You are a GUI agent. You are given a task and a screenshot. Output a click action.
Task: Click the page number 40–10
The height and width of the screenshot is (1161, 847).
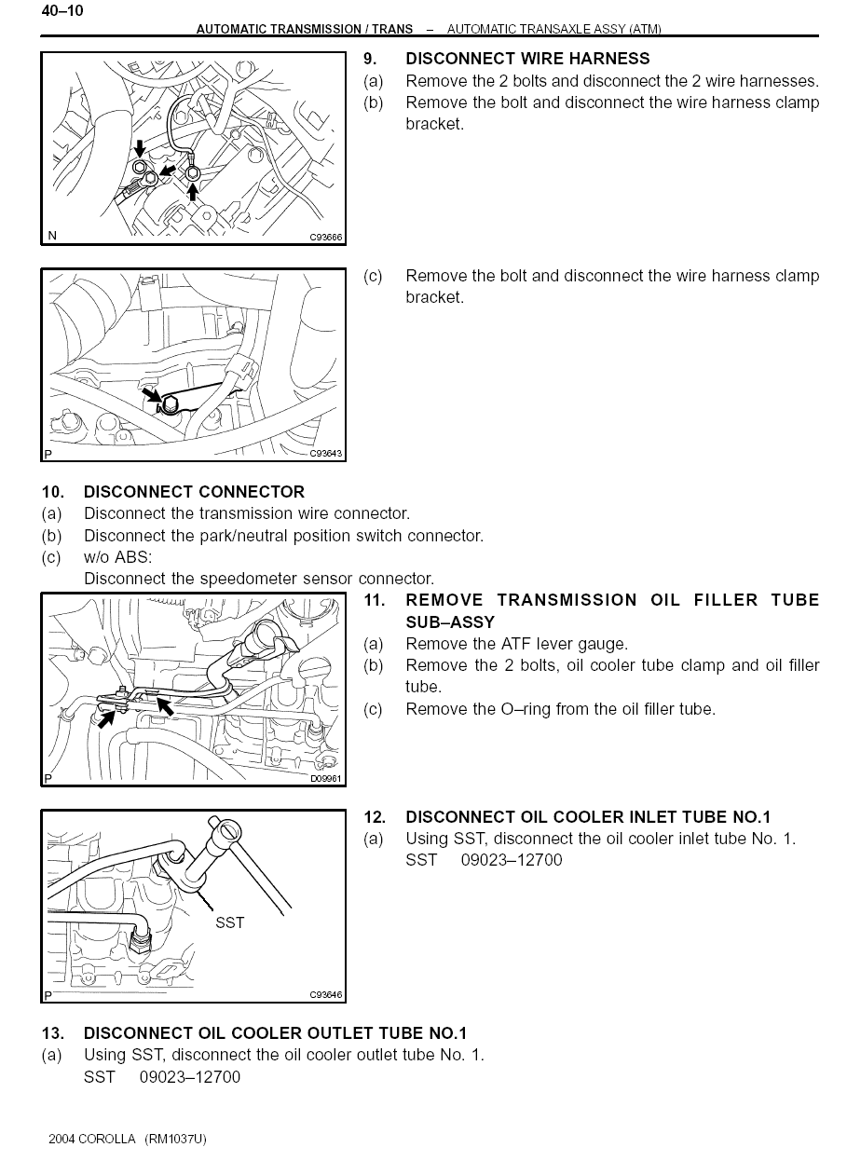pos(62,11)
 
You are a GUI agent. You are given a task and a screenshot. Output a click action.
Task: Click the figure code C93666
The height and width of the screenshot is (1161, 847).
pos(326,238)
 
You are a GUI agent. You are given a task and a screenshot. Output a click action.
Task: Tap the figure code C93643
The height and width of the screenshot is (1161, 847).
pos(326,454)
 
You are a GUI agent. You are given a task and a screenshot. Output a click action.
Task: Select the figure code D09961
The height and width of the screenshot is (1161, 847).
pos(326,779)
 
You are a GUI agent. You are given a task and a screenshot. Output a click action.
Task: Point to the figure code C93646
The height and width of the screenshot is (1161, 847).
pos(326,995)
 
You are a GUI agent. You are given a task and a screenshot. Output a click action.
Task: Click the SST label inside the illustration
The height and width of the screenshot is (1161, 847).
pos(229,922)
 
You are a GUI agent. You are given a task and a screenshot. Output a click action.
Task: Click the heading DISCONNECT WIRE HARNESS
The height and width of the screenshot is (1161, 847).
pos(527,59)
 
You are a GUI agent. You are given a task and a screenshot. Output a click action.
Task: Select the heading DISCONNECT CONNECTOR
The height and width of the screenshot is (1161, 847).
pos(194,491)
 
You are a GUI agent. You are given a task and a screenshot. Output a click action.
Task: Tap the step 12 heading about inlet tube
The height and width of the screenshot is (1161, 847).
pos(588,817)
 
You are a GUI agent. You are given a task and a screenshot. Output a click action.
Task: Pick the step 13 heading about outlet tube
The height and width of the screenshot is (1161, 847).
pos(275,1033)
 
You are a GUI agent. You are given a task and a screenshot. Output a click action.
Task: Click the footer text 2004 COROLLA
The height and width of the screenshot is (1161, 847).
pos(92,1140)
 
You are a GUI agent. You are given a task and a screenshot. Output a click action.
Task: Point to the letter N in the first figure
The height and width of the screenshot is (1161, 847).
pos(52,237)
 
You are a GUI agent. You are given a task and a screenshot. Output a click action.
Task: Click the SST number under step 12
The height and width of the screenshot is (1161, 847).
pos(512,860)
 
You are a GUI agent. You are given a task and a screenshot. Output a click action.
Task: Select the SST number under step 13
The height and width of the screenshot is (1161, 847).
pos(190,1077)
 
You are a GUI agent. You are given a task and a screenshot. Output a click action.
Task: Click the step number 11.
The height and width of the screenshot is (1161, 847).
pos(374,600)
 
